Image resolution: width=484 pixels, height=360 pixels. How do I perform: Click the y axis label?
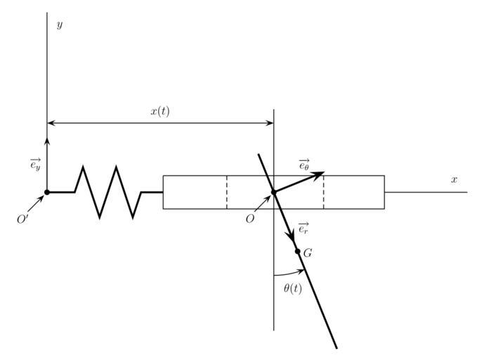point(60,25)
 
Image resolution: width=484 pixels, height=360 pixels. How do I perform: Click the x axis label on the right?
point(454,180)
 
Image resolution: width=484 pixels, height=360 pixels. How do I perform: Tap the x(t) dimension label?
point(160,111)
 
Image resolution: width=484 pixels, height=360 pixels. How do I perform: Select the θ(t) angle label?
point(293,288)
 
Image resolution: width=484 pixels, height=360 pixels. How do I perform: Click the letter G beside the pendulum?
point(308,253)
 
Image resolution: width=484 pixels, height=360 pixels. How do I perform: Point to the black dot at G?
point(297,251)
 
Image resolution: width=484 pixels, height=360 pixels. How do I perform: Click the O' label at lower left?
point(22,219)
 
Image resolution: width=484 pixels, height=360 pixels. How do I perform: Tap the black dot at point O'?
point(47,192)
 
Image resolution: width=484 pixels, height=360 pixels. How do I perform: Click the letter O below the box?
point(249,219)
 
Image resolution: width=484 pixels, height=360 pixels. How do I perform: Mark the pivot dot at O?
point(274,192)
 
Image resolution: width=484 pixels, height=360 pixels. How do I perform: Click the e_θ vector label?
point(303,165)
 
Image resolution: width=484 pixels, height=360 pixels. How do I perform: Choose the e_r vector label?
point(303,229)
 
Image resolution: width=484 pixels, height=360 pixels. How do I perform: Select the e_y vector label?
point(35,165)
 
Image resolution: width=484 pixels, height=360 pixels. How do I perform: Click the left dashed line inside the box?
point(226,192)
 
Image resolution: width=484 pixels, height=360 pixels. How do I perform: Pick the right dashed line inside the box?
point(323,192)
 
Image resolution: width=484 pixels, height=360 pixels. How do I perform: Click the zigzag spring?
point(108,192)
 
